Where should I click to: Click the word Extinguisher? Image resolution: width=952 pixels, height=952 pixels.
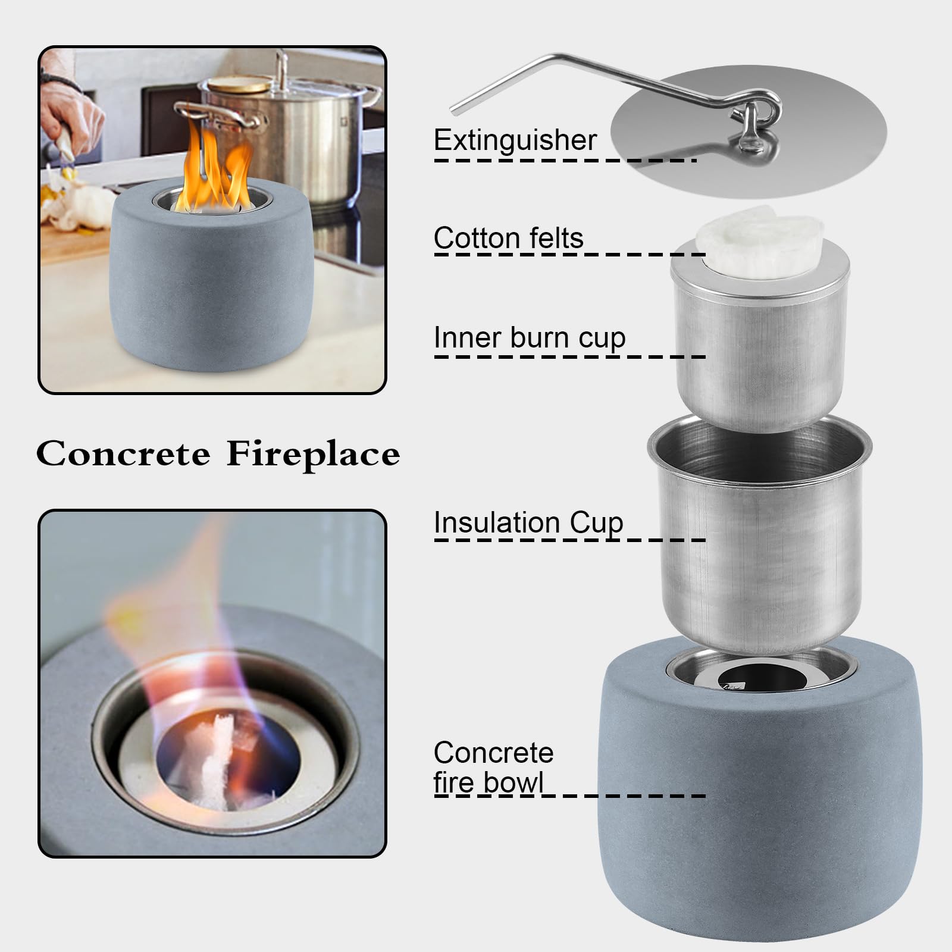(515, 140)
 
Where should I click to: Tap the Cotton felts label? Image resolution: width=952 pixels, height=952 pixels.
(509, 238)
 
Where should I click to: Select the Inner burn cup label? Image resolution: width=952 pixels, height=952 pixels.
(530, 338)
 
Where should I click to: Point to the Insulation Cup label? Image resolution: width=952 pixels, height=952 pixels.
(528, 523)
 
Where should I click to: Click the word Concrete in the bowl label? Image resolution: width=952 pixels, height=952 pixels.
(493, 753)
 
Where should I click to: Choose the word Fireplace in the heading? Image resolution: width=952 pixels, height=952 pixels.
(313, 454)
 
